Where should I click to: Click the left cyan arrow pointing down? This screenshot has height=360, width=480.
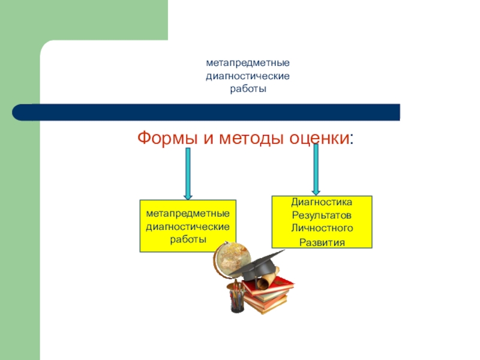188,174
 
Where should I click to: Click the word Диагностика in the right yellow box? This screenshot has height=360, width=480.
322,203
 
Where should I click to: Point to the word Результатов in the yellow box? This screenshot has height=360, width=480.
322,215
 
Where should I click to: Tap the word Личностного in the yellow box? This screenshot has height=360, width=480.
322,228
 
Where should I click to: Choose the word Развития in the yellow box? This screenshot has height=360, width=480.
322,242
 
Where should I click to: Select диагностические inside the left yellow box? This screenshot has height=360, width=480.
188,226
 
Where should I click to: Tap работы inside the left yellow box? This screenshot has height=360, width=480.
188,239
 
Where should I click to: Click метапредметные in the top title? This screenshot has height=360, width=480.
248,62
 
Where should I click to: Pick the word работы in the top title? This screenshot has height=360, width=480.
248,89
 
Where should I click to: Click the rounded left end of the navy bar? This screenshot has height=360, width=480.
21,112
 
